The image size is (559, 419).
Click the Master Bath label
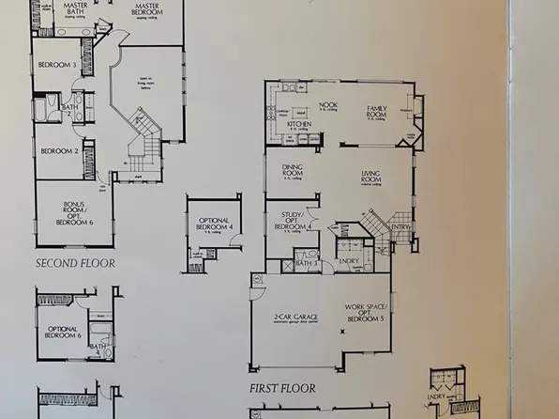click(69, 8)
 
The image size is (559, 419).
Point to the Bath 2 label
click(68, 110)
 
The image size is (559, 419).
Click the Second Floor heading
click(75, 264)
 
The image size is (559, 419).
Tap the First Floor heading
click(282, 387)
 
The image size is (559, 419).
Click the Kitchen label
click(300, 124)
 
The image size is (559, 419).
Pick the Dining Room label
click(293, 173)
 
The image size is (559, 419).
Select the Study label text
click(292, 224)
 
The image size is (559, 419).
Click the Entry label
click(401, 227)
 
